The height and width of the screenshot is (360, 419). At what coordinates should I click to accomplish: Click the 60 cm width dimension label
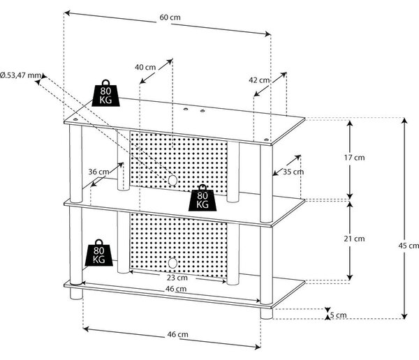(170, 17)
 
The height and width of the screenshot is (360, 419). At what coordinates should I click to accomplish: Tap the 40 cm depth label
(145, 67)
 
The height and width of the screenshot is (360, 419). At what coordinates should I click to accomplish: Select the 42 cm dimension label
(259, 80)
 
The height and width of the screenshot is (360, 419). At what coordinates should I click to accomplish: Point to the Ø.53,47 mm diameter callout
(21, 75)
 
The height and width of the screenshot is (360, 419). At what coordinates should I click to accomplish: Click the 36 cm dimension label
(98, 172)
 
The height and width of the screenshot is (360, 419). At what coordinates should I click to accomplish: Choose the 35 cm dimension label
(293, 172)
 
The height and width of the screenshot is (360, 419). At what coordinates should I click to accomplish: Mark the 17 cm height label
(354, 158)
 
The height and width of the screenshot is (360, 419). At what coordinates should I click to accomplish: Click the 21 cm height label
(354, 239)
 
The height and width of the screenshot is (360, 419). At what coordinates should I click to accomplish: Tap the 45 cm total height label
(409, 246)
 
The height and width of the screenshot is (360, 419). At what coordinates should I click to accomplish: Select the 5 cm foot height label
(338, 315)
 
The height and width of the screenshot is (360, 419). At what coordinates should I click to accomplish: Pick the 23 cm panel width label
(177, 278)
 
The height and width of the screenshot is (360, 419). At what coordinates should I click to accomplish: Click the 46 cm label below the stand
(177, 334)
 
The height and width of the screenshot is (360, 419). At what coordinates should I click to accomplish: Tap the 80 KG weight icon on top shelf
(106, 93)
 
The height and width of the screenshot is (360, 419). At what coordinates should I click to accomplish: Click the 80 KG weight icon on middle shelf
(203, 197)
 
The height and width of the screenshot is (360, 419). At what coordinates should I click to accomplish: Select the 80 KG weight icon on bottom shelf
(99, 253)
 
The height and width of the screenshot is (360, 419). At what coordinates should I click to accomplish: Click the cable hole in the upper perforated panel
(172, 180)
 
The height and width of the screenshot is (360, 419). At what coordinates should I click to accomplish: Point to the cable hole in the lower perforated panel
(172, 263)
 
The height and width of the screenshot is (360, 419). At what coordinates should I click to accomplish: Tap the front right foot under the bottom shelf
(267, 314)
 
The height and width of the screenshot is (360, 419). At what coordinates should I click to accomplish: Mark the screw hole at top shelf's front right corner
(265, 140)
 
